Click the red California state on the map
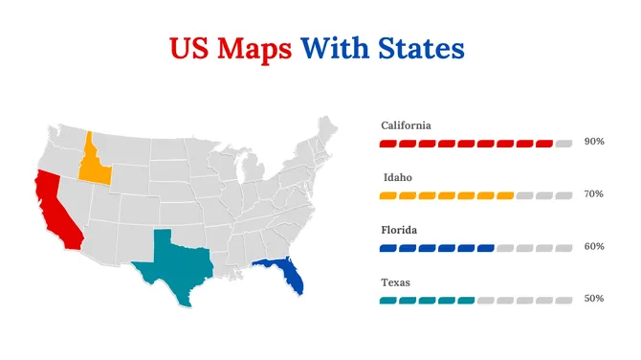tap(55, 211)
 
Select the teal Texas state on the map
tap(172, 264)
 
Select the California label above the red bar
tap(406, 125)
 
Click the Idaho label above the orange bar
tap(398, 178)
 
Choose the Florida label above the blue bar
tap(400, 231)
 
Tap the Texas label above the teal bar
tap(397, 283)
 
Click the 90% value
tap(593, 142)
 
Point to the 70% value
tap(593, 194)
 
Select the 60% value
tap(593, 247)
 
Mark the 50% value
tap(593, 299)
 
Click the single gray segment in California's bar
tap(564, 144)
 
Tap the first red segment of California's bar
tap(388, 144)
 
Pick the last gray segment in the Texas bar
tap(564, 301)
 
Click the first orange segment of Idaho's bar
tap(388, 195)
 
